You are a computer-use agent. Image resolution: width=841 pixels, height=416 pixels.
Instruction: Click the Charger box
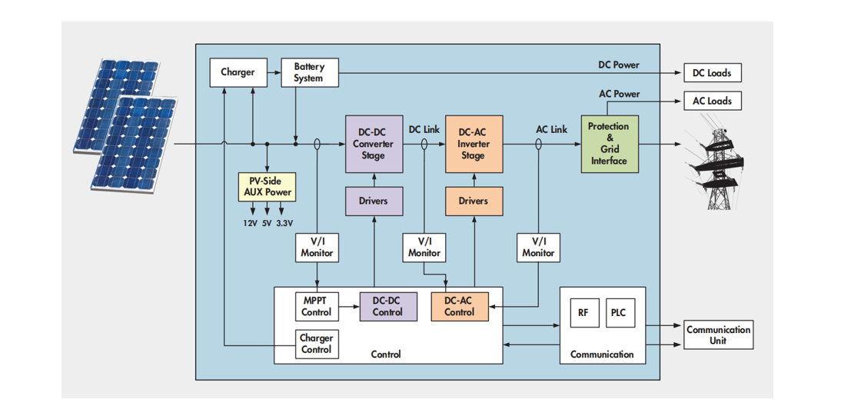point(238,72)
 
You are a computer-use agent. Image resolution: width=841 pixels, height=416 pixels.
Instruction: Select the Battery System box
point(308,72)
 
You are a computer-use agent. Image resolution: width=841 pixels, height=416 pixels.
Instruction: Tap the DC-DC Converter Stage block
point(373,144)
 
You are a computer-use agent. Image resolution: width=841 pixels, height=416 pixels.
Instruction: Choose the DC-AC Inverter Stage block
point(473,144)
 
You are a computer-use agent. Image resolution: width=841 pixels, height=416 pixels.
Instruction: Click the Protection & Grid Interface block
point(609,144)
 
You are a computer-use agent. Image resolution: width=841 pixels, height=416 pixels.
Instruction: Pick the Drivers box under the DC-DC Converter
point(373,201)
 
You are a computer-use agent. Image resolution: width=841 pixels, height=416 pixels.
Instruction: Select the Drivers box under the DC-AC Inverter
point(473,201)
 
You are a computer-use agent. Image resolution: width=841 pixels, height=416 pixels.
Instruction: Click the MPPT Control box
point(316,306)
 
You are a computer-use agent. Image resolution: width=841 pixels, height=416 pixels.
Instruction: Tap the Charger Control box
point(316,343)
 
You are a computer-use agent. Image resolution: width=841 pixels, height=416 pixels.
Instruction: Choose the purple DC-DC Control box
point(387,306)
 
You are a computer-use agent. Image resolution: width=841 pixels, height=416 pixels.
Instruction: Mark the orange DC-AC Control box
point(459,306)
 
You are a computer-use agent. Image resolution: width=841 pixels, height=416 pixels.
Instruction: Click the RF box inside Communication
point(583,313)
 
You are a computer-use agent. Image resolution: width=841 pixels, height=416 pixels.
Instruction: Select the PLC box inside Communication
point(619,313)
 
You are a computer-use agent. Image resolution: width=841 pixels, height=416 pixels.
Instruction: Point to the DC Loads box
point(712,73)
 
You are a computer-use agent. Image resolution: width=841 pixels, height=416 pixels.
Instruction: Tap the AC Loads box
point(712,101)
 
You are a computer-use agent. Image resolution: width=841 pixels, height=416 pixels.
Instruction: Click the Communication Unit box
point(718,334)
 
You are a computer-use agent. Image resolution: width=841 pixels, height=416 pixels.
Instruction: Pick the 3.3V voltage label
point(284,223)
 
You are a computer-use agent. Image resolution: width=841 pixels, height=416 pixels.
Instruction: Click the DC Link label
point(424,129)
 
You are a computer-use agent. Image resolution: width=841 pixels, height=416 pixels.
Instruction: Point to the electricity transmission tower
point(716,165)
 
